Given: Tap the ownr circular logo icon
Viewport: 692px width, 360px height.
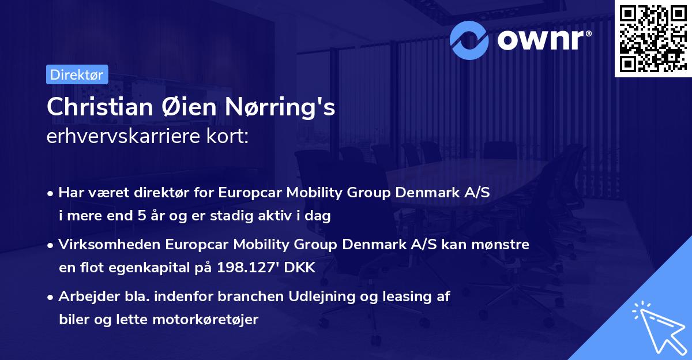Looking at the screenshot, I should point(471,39).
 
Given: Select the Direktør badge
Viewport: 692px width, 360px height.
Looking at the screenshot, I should point(77,74).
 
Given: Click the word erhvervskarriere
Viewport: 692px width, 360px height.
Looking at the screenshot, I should point(119,137).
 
